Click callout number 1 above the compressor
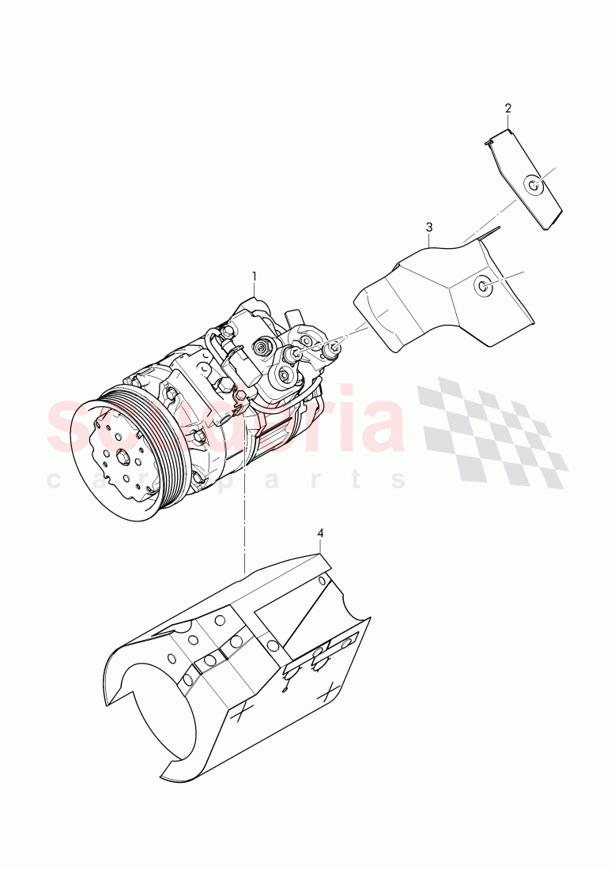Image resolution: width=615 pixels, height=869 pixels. pyautogui.click(x=255, y=276)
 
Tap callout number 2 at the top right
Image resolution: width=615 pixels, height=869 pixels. pyautogui.click(x=507, y=107)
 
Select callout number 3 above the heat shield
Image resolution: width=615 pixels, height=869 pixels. pyautogui.click(x=429, y=227)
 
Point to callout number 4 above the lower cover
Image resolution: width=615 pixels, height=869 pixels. pyautogui.click(x=320, y=533)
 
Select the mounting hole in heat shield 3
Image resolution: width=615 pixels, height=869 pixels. pyautogui.click(x=482, y=286)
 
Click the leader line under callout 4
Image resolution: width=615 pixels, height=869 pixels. pyautogui.click(x=320, y=546)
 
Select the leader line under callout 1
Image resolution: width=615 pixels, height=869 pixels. pyautogui.click(x=255, y=288)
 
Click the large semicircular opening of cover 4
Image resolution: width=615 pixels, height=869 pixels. pyautogui.click(x=154, y=711)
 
